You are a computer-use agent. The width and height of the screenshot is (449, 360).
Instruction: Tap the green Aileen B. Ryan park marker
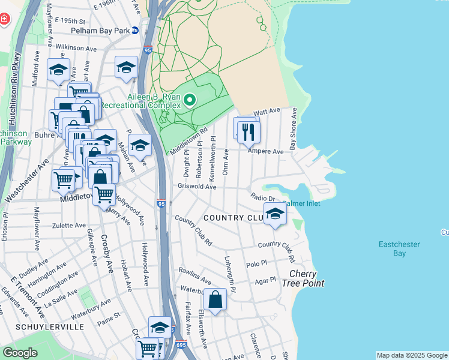pyautogui.click(x=190, y=100)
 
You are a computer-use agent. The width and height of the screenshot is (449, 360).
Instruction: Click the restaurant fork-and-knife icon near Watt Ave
pyautogui.click(x=249, y=131)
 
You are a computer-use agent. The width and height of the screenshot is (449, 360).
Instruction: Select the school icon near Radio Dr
pyautogui.click(x=274, y=214)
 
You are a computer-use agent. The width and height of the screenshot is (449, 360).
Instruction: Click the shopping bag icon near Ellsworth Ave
pyautogui.click(x=215, y=299)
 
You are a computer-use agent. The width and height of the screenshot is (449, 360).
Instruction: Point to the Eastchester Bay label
pyautogui.click(x=399, y=248)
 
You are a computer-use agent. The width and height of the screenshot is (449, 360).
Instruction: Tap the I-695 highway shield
pyautogui.click(x=182, y=344)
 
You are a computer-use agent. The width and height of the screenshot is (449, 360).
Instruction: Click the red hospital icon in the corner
pyautogui.click(x=5, y=19)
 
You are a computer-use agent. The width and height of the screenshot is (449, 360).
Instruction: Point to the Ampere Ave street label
pyautogui.click(x=269, y=152)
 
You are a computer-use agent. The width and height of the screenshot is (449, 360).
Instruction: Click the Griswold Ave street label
pyautogui.click(x=197, y=187)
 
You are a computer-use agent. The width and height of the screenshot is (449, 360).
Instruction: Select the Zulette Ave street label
pyautogui.click(x=68, y=225)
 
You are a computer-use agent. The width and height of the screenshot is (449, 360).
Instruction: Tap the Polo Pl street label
pyautogui.click(x=256, y=263)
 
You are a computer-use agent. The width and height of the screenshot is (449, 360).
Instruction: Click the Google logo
pyautogui.click(x=20, y=353)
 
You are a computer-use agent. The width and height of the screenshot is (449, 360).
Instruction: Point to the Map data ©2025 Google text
pyautogui.click(x=412, y=355)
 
